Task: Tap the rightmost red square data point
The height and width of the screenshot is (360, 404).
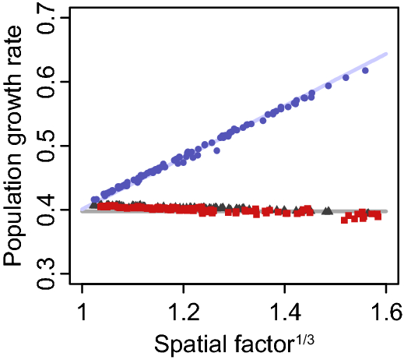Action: (378, 216)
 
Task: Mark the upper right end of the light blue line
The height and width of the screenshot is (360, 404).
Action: (387, 53)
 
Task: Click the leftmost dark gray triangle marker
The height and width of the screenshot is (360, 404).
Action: (93, 206)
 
